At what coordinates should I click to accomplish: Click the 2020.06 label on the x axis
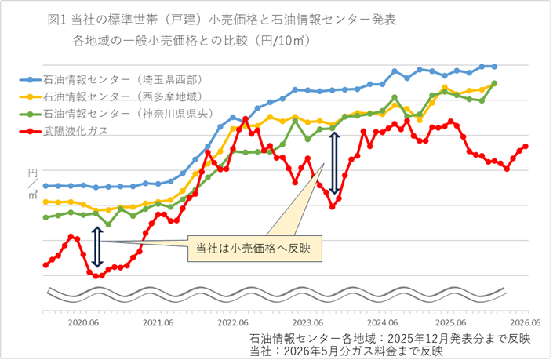[x=82, y=322]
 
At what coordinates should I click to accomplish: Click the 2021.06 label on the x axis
[x=158, y=322]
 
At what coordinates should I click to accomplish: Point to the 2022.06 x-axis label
[x=233, y=322]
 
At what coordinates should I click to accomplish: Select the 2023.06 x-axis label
[x=308, y=322]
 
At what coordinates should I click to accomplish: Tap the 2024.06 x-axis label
[x=384, y=322]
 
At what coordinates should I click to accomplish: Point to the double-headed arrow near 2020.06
[x=97, y=247]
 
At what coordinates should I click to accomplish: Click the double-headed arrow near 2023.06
[x=335, y=163]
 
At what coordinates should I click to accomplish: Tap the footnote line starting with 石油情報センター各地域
[x=389, y=338]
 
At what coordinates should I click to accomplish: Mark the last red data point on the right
[x=526, y=147]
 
